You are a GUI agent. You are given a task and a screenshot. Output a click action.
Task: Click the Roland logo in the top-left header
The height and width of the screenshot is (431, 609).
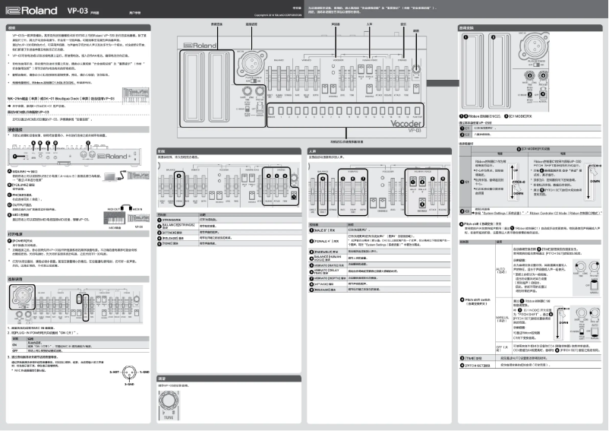[x=30, y=12]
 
